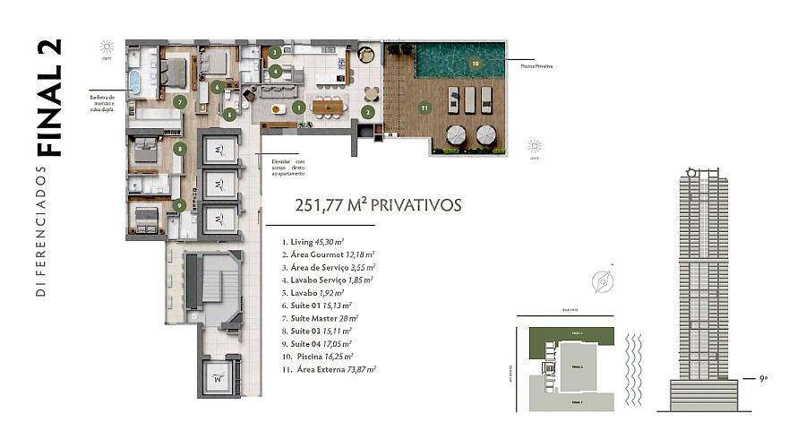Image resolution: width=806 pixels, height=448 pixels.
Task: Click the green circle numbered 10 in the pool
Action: (475, 64)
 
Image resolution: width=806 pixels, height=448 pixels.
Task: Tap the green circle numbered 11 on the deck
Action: (424, 108)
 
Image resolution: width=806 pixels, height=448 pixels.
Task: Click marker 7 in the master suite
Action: (180, 103)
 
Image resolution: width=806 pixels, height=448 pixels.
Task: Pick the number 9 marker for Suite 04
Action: (180, 205)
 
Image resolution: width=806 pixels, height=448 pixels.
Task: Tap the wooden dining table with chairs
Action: (328, 106)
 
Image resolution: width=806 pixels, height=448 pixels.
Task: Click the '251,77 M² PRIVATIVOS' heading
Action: (378, 205)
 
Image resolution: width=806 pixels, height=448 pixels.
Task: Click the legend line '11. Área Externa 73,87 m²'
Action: (329, 368)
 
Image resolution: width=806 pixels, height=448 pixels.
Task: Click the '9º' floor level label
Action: (764, 380)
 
